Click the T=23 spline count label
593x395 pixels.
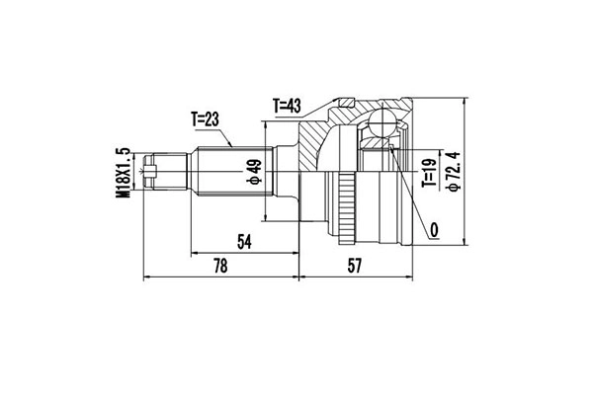[206, 121]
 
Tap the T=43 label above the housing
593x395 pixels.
[290, 105]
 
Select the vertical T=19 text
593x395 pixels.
[429, 175]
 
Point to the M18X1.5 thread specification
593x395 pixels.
[124, 174]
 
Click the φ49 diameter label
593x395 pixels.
[254, 175]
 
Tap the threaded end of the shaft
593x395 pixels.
[163, 174]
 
